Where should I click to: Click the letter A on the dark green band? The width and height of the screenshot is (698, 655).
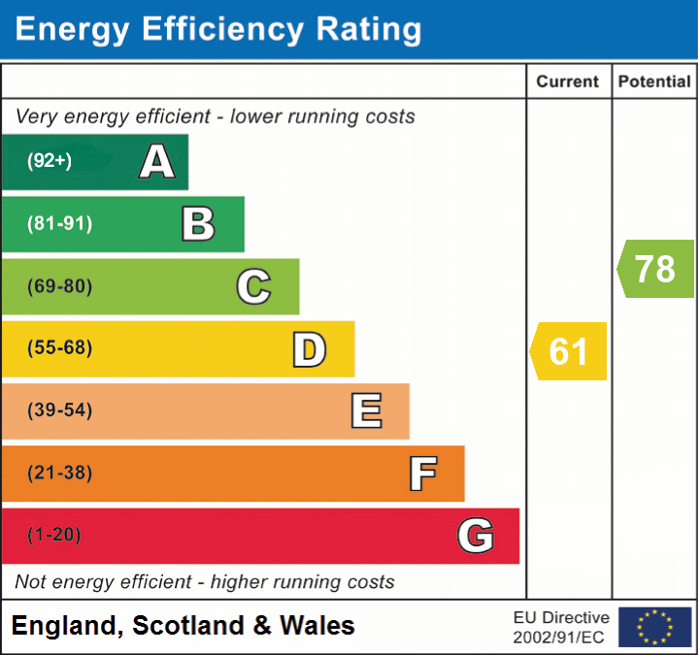pyautogui.click(x=157, y=162)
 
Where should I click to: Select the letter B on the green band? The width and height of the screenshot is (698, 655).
pyautogui.click(x=198, y=224)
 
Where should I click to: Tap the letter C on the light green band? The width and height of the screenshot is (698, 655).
pyautogui.click(x=253, y=286)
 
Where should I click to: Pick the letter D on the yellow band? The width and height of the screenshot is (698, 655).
pyautogui.click(x=309, y=349)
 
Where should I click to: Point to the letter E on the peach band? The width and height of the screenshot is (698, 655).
pyautogui.click(x=365, y=411)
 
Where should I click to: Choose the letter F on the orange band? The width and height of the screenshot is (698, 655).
pyautogui.click(x=422, y=474)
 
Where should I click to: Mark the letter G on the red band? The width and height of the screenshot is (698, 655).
pyautogui.click(x=476, y=536)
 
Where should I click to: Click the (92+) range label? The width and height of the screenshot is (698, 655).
pyautogui.click(x=50, y=162)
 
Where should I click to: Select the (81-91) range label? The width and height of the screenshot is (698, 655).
pyautogui.click(x=59, y=224)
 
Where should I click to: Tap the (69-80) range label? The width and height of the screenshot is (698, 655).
pyautogui.click(x=59, y=286)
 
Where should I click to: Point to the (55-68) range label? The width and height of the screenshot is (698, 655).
pyautogui.click(x=59, y=348)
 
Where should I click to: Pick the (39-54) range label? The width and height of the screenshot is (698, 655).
pyautogui.click(x=59, y=410)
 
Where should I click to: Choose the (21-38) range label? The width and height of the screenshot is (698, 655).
pyautogui.click(x=59, y=474)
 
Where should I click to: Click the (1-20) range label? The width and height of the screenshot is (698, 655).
pyautogui.click(x=54, y=536)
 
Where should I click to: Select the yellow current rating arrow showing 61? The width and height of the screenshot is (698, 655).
pyautogui.click(x=569, y=350)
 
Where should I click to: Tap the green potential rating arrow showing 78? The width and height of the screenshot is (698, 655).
pyautogui.click(x=655, y=269)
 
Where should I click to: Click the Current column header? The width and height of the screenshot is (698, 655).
pyautogui.click(x=568, y=82)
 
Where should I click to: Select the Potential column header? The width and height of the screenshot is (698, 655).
pyautogui.click(x=654, y=82)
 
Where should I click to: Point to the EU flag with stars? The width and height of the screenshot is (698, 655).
pyautogui.click(x=654, y=627)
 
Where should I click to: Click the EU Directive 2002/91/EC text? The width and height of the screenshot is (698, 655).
pyautogui.click(x=561, y=627)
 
